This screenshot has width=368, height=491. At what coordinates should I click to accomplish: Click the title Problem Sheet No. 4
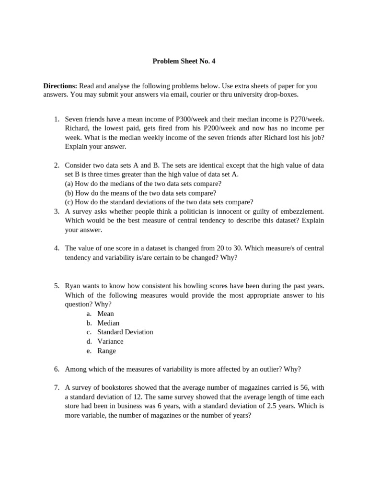click(x=184, y=61)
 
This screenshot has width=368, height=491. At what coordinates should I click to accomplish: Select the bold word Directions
click(x=60, y=86)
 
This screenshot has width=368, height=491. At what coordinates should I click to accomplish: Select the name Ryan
click(x=73, y=286)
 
